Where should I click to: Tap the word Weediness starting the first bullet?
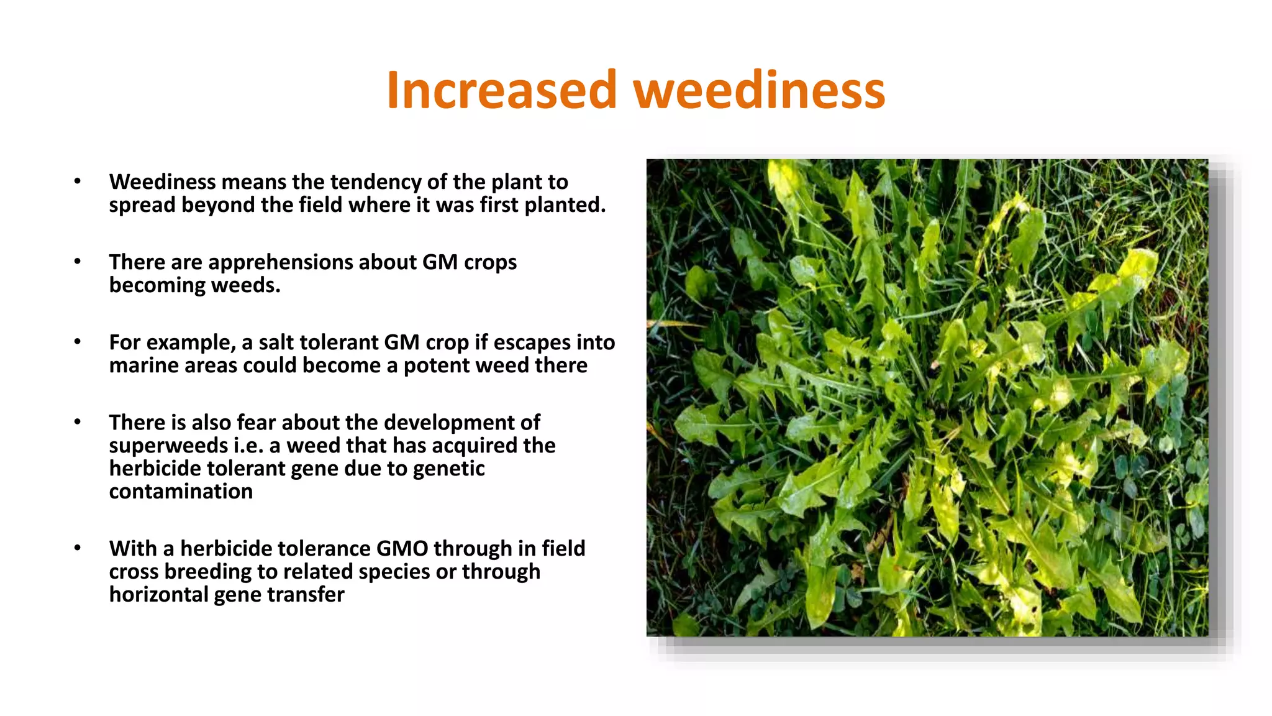(162, 182)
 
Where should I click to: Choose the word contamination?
(181, 492)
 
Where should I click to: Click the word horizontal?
(158, 595)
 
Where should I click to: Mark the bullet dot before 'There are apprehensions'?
(78, 262)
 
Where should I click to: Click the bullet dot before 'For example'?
(78, 342)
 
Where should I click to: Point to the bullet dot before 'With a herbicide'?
(78, 548)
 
